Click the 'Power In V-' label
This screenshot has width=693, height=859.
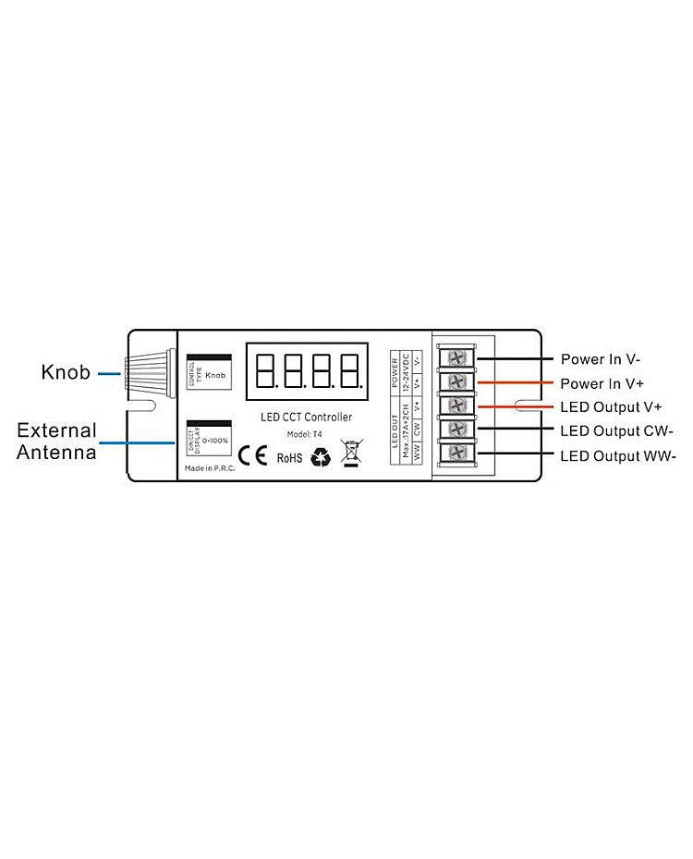click(x=601, y=358)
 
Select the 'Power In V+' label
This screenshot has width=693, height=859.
click(x=602, y=382)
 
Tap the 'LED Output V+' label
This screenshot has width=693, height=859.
click(x=610, y=406)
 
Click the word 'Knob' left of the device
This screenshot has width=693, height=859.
click(x=66, y=373)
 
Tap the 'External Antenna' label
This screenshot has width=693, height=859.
click(x=56, y=441)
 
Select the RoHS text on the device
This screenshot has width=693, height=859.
click(x=289, y=456)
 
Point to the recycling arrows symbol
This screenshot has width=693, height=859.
click(x=321, y=456)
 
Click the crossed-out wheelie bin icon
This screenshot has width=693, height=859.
click(x=350, y=454)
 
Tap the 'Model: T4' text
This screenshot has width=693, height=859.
click(x=305, y=434)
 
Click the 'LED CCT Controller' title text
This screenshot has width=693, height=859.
click(x=306, y=417)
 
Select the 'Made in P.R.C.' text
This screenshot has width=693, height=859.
click(x=210, y=468)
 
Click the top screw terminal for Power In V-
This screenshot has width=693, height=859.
click(x=456, y=357)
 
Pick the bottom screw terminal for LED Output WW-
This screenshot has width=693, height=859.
click(x=456, y=454)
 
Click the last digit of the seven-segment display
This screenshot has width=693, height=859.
click(x=350, y=370)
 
